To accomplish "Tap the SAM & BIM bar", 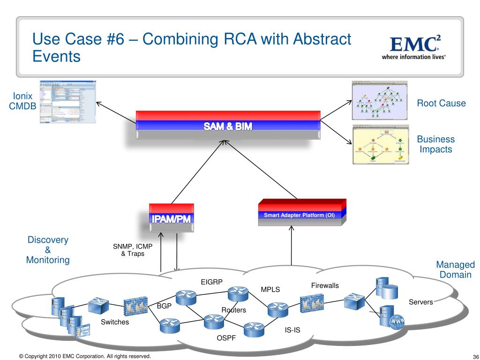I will coord(228,125).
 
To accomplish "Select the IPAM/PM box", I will coord(172,218).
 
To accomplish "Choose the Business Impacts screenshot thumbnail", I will coord(380,144).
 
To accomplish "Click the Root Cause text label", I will coord(442,103).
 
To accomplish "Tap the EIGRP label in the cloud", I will coord(211,282).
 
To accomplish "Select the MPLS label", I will coord(270,289).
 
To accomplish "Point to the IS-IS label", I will coord(292,330).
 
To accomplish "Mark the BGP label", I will coord(164,306).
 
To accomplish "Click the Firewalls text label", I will coord(325,285).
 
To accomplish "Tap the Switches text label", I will coord(115,322).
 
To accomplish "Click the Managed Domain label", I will coord(455,270).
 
